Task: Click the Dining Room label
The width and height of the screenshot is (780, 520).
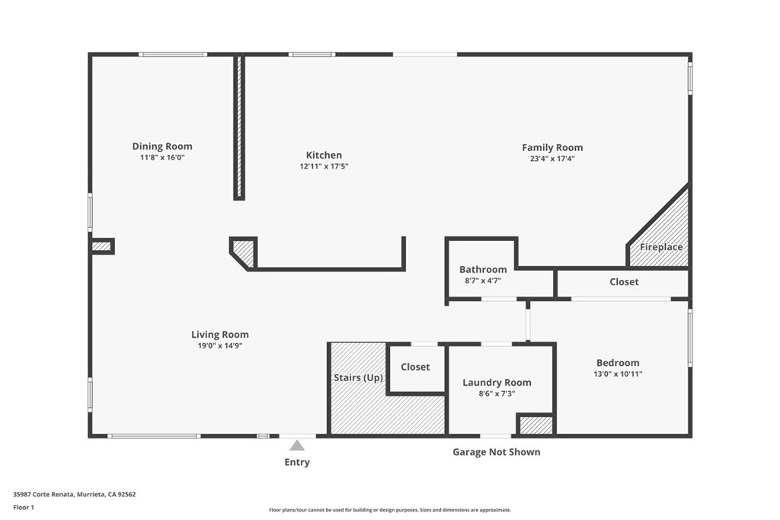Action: click(162, 146)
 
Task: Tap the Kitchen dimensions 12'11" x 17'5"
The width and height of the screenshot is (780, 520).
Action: click(324, 166)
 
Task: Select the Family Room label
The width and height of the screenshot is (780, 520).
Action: click(552, 147)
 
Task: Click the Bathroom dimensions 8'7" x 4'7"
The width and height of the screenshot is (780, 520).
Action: click(483, 281)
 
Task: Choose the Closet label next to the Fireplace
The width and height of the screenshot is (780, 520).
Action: click(624, 282)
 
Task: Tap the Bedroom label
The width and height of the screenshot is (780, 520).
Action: click(618, 363)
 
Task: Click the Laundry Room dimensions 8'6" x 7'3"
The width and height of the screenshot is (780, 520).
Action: click(497, 393)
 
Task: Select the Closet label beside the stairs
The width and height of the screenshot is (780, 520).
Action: click(415, 367)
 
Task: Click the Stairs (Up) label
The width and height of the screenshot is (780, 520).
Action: click(358, 377)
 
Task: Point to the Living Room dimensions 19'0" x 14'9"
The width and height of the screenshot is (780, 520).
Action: click(220, 345)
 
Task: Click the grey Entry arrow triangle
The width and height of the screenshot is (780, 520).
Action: click(297, 445)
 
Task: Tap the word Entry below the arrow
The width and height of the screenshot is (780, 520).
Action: click(297, 462)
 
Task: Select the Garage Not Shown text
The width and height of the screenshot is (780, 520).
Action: click(497, 452)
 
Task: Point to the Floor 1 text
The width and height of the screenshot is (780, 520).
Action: click(24, 508)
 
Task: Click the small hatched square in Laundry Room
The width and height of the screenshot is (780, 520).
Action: click(535, 425)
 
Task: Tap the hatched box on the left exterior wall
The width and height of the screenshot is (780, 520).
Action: click(101, 246)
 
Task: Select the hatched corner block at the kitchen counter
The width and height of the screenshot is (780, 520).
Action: click(243, 252)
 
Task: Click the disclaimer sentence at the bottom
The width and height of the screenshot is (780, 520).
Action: click(390, 510)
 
